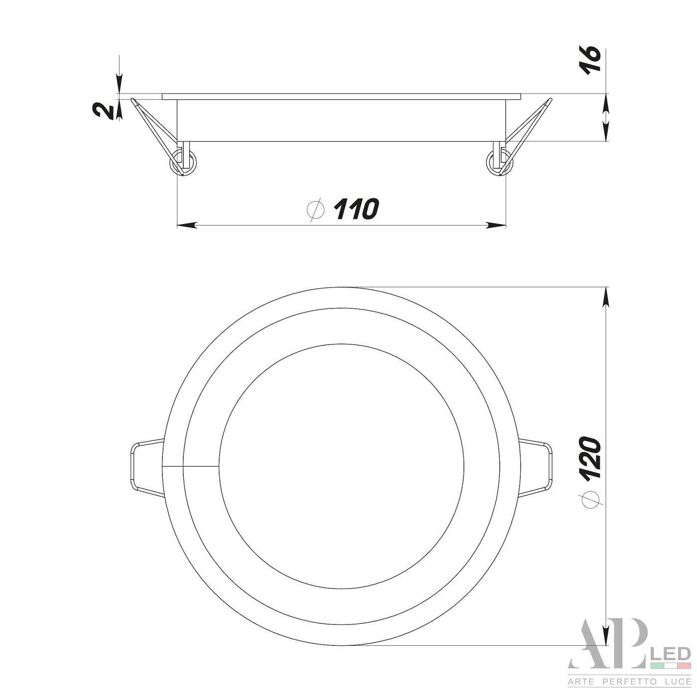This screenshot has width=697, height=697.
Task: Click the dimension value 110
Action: click(356, 209)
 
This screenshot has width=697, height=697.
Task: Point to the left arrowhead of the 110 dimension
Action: click(187, 226)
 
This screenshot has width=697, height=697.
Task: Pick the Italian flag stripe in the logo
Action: click(670, 666)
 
